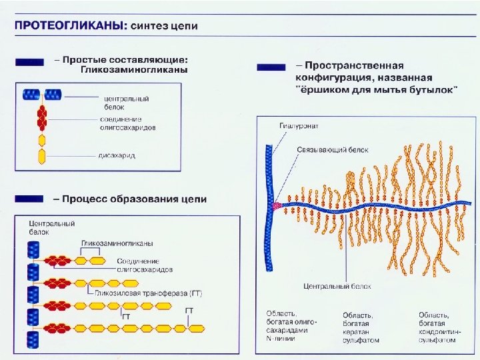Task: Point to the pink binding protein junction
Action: [277, 206]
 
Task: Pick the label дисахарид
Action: [117, 155]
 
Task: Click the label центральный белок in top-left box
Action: [126, 102]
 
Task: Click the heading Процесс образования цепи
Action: [130, 199]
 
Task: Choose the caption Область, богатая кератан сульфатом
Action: [361, 327]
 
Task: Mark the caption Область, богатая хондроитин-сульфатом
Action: [437, 327]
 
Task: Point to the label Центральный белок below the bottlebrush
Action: [337, 286]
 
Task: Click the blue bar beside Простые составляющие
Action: [30, 61]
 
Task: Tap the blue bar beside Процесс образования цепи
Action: [30, 199]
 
